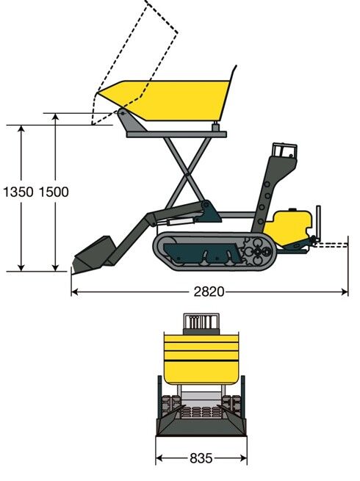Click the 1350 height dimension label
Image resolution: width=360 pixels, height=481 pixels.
coord(18,192)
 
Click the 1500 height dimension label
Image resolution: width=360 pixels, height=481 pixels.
coord(54,192)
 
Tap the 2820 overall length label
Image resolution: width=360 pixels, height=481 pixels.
coord(209,292)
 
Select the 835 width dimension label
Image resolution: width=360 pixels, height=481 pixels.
coord(201,458)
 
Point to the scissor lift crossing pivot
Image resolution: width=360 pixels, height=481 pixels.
coord(187,176)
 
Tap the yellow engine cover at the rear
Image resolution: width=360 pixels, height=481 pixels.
coord(289,227)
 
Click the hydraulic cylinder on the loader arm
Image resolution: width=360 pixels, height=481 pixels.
coord(181,221)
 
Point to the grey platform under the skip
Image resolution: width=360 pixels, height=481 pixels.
coord(176,134)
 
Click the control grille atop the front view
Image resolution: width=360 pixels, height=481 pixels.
coord(201,323)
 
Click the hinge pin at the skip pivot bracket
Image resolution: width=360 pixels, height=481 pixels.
coord(123,113)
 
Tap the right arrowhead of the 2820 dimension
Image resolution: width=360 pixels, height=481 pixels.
coord(345,292)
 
